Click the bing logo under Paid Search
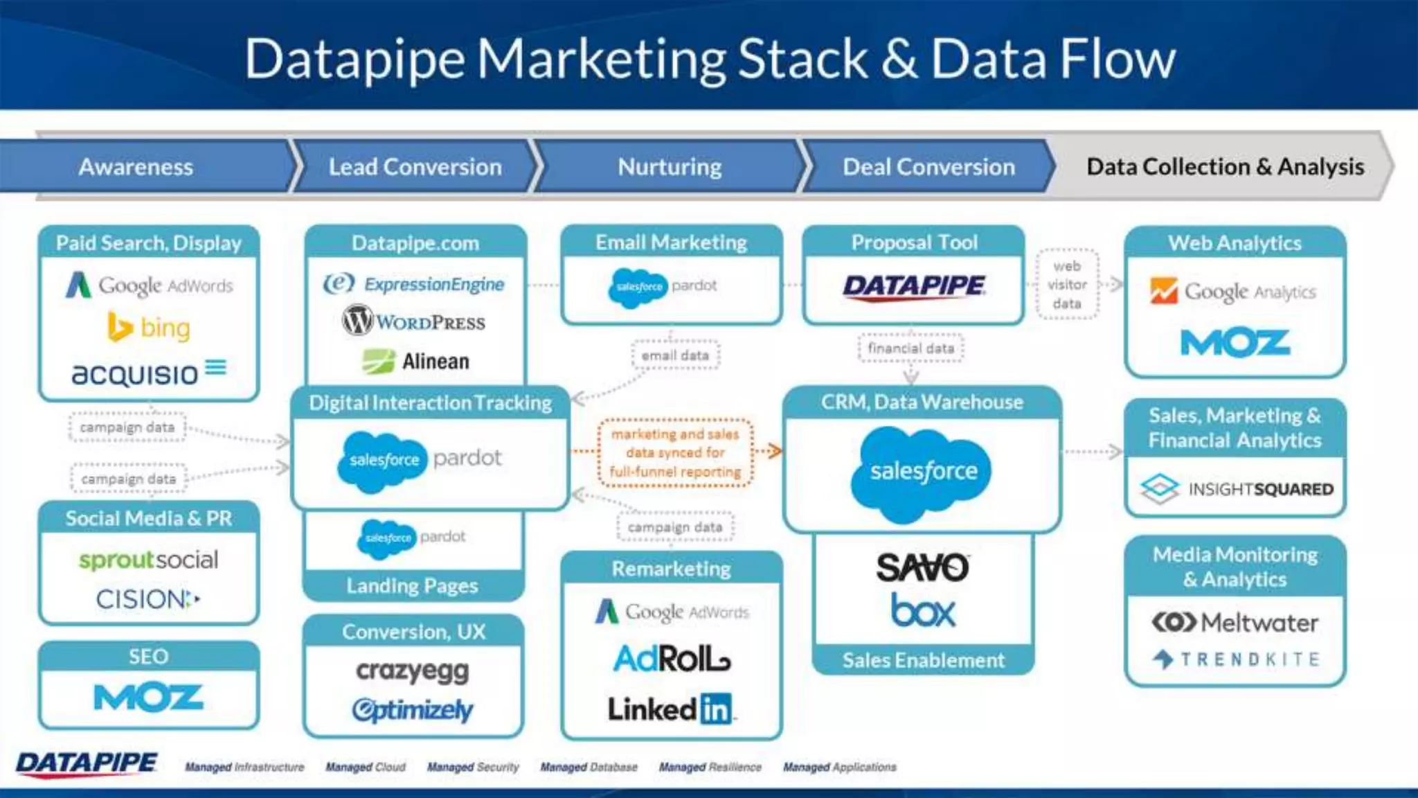coord(149,327)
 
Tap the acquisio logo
coord(149,373)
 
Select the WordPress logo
coord(414,321)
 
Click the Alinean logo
coord(415,361)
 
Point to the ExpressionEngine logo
coord(414,284)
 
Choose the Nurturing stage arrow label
coord(670,167)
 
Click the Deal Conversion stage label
coord(928,167)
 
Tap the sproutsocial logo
coord(148,559)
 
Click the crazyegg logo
coord(413,671)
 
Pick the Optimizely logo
coord(413,710)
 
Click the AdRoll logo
coord(672,658)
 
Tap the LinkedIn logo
coord(670,709)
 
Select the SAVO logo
coord(923,568)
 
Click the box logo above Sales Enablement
coord(923,611)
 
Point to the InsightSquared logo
coord(1236,489)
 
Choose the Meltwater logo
coord(1236,622)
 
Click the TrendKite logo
coord(1236,659)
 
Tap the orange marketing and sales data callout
coord(675,453)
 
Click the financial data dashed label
coord(910,348)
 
